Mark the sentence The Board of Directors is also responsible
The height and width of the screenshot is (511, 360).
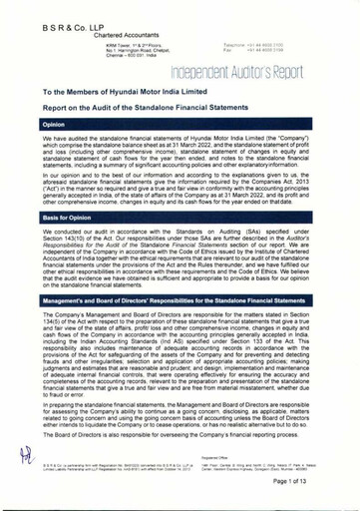pos(160,435)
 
